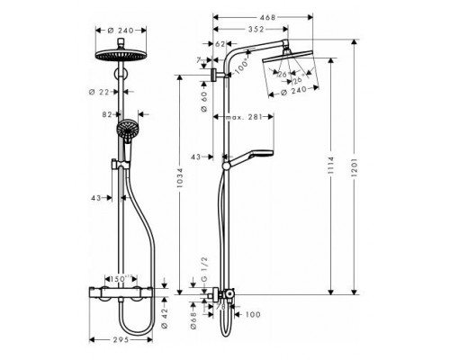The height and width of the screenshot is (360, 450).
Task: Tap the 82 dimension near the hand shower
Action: [109, 116]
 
